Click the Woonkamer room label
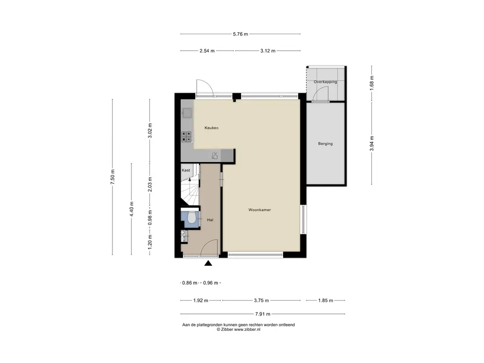click(259, 210)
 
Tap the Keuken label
click(211, 128)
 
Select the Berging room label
click(325, 144)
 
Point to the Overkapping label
click(325, 82)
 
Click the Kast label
click(186, 170)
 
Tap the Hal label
click(210, 220)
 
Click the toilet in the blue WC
click(191, 217)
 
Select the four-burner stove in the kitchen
click(187, 137)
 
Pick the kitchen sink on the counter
click(187, 113)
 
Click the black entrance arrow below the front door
click(208, 263)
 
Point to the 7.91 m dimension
click(263, 314)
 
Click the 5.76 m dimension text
click(241, 34)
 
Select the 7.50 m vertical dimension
click(112, 177)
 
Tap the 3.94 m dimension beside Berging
click(372, 144)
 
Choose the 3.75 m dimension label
click(261, 300)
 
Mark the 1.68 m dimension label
click(372, 83)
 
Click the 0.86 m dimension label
click(190, 283)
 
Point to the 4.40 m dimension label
click(131, 209)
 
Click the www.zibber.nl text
click(247, 329)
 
